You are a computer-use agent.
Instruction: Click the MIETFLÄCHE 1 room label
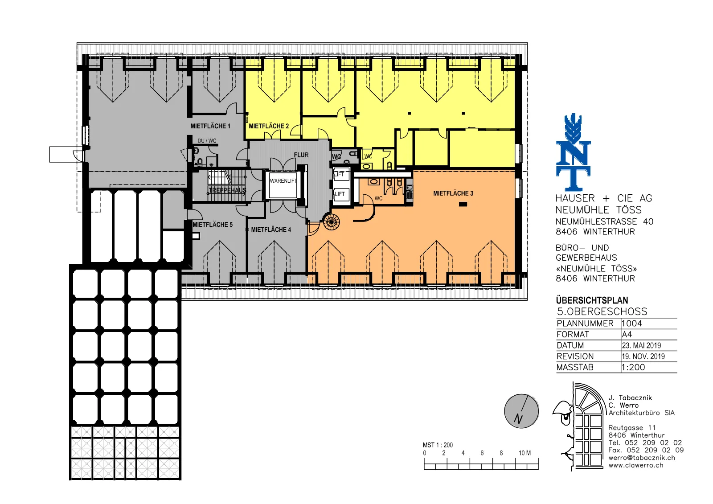tap(210, 126)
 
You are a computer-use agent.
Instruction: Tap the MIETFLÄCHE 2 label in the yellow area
tap(269, 126)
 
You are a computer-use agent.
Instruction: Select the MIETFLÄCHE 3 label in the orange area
tap(453, 193)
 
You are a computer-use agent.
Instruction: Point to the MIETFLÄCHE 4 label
tap(271, 229)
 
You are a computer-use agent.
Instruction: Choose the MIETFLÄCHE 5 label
tap(213, 225)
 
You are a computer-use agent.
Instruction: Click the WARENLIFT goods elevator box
tap(283, 185)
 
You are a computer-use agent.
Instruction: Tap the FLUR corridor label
tap(301, 155)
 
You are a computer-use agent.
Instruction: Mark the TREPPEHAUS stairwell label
tap(227, 190)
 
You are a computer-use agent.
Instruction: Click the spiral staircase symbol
tap(332, 221)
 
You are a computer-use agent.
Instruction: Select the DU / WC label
tap(207, 141)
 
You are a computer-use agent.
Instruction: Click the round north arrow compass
tap(521, 411)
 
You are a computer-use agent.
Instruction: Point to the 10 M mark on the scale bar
tap(525, 453)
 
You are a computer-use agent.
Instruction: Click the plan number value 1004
tap(632, 324)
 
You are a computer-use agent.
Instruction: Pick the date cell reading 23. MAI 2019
tap(641, 345)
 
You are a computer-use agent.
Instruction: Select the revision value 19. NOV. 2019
tap(643, 356)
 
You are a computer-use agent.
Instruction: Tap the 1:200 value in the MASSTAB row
tap(633, 367)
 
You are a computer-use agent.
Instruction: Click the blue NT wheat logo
tap(573, 152)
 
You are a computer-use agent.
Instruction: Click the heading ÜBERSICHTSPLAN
tap(592, 300)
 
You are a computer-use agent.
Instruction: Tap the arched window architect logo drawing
tap(579, 426)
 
